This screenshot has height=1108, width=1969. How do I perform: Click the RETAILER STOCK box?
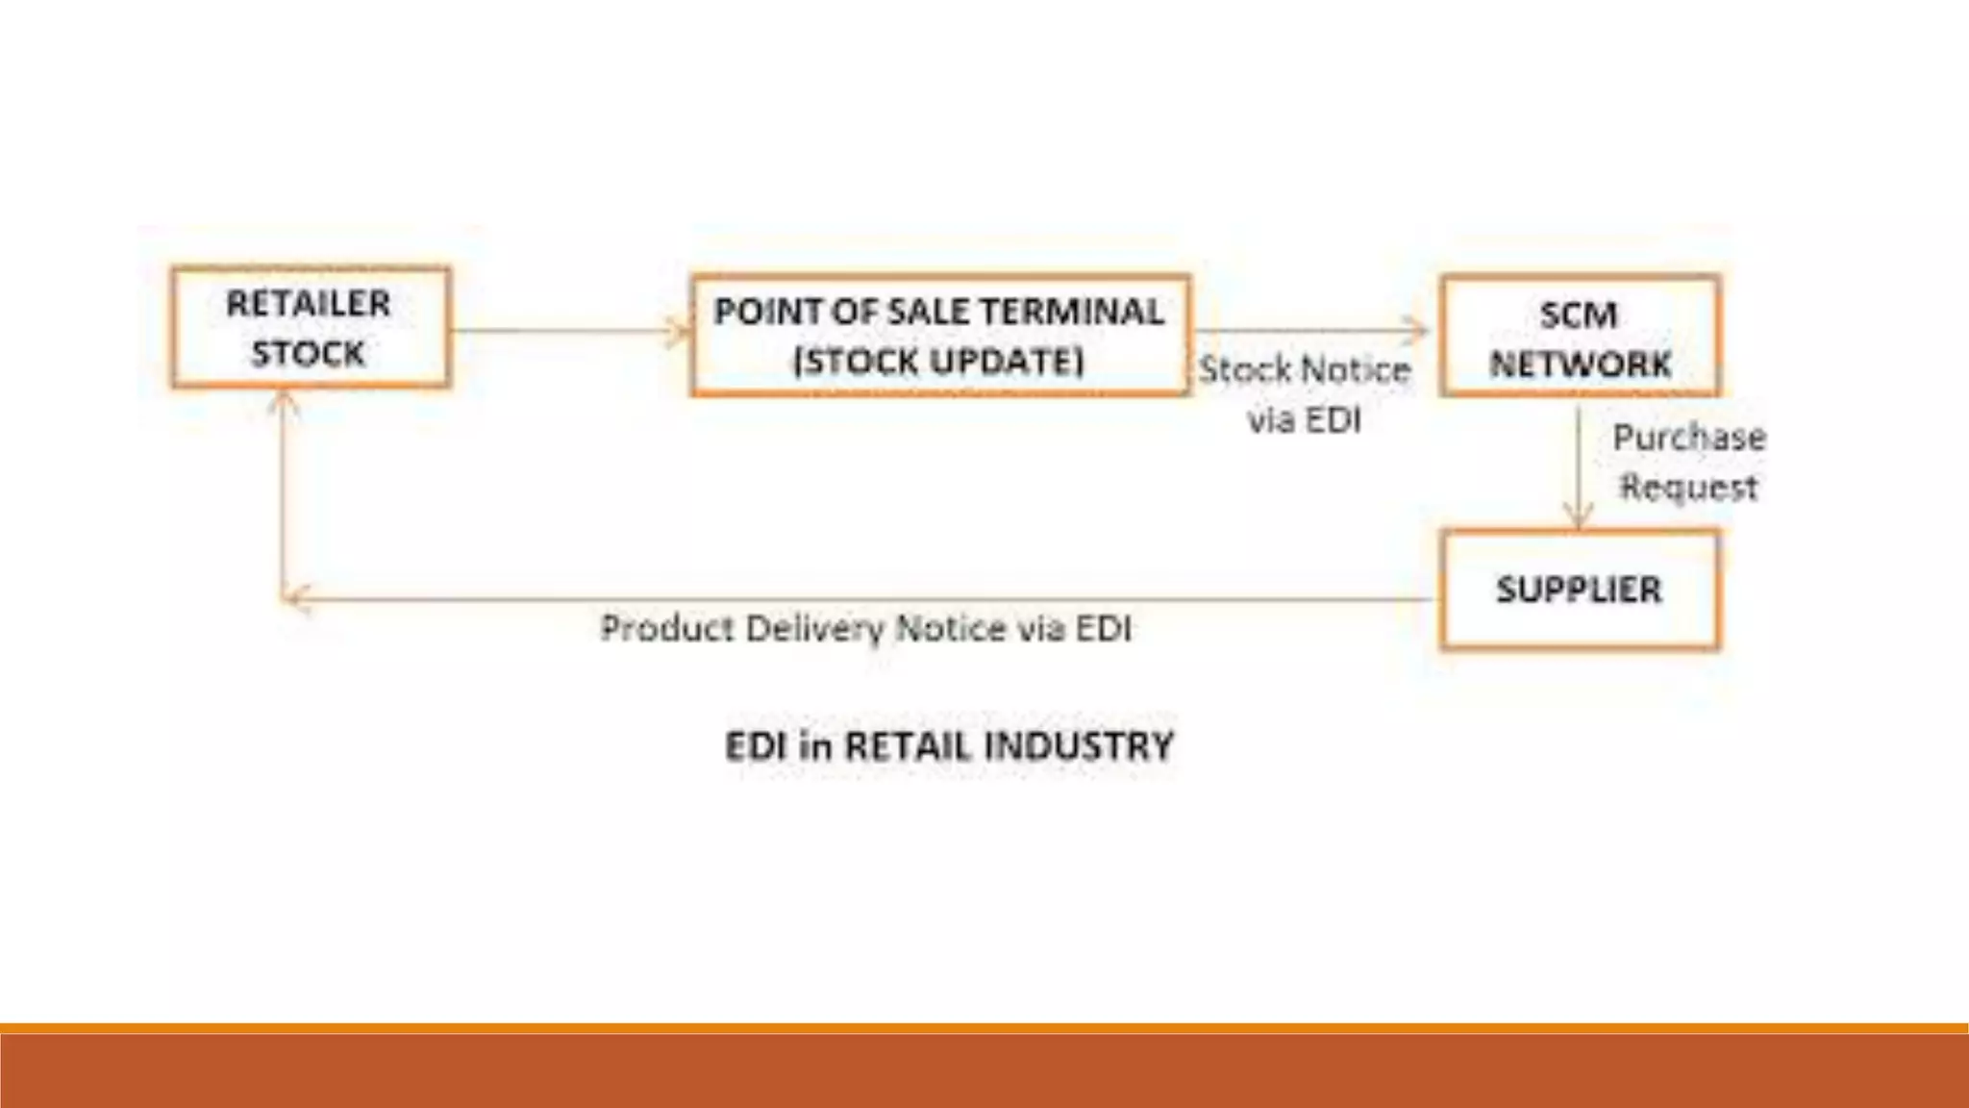coord(311,328)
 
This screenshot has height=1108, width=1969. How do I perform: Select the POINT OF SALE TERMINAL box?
coord(939,336)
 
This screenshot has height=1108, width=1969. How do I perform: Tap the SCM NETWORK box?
coord(1580,337)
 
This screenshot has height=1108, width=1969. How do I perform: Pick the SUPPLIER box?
coord(1580,590)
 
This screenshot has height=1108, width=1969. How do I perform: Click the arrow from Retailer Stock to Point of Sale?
coord(567,332)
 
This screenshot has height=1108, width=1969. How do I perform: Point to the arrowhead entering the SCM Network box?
coord(1419,330)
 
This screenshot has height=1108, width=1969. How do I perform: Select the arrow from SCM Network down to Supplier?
coord(1578,466)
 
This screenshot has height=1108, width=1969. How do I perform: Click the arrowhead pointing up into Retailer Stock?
coord(282,404)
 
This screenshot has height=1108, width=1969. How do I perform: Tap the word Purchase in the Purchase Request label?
coord(1688,438)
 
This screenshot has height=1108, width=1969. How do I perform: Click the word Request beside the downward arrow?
coord(1688,488)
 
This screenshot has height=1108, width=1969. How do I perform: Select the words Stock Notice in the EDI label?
coord(1304,370)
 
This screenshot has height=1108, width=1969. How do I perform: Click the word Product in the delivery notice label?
coord(667,628)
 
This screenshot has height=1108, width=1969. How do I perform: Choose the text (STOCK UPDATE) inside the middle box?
coord(939,362)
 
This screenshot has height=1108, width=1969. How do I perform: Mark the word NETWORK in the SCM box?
coord(1580,365)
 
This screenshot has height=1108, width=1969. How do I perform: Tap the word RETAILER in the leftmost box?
coord(309,304)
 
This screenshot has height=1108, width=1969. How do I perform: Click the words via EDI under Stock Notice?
coord(1304,420)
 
